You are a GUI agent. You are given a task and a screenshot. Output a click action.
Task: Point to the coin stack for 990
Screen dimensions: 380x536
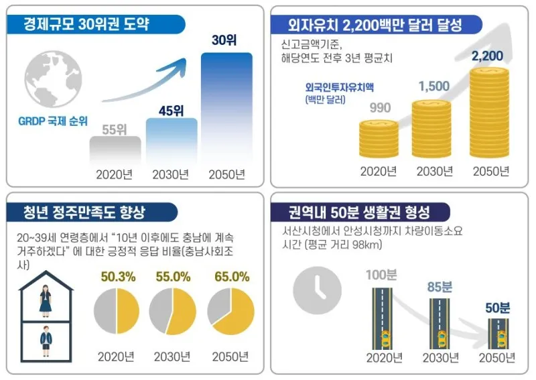(379, 139)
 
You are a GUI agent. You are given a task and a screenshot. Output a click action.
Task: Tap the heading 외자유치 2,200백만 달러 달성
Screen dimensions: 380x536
(375, 25)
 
